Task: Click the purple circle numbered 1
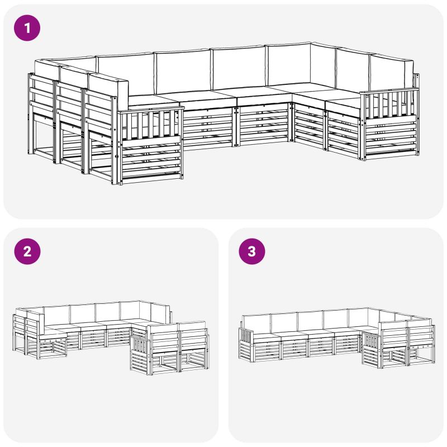click(x=27, y=28)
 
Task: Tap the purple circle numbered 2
click(x=27, y=251)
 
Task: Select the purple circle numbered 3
click(x=252, y=251)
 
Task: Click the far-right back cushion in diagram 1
click(x=391, y=73)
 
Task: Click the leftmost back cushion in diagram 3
click(x=256, y=324)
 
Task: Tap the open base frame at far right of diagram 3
click(x=421, y=354)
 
